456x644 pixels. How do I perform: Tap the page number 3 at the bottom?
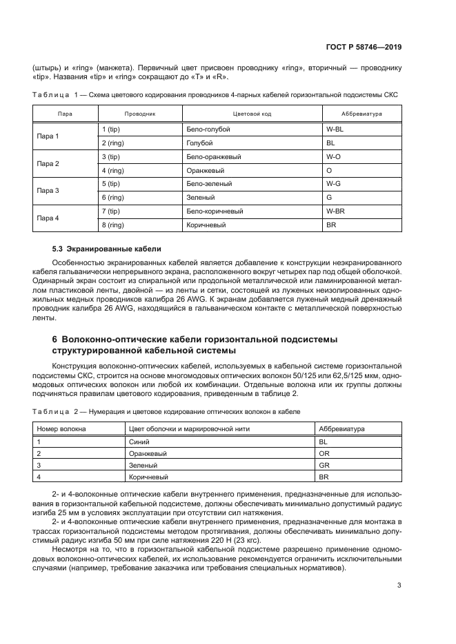click(399, 587)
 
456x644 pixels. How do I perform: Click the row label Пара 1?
click(48, 136)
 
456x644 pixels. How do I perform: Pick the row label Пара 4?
click(48, 218)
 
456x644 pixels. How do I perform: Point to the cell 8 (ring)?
click(112, 225)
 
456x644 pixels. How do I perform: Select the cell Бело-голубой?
click(208, 129)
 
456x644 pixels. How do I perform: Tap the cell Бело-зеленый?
click(208, 184)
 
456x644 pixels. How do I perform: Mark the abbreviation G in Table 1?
click(328, 198)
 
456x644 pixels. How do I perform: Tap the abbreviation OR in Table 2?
click(324, 453)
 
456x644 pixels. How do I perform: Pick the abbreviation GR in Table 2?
click(324, 465)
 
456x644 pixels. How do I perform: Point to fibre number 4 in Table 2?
click(39, 477)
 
